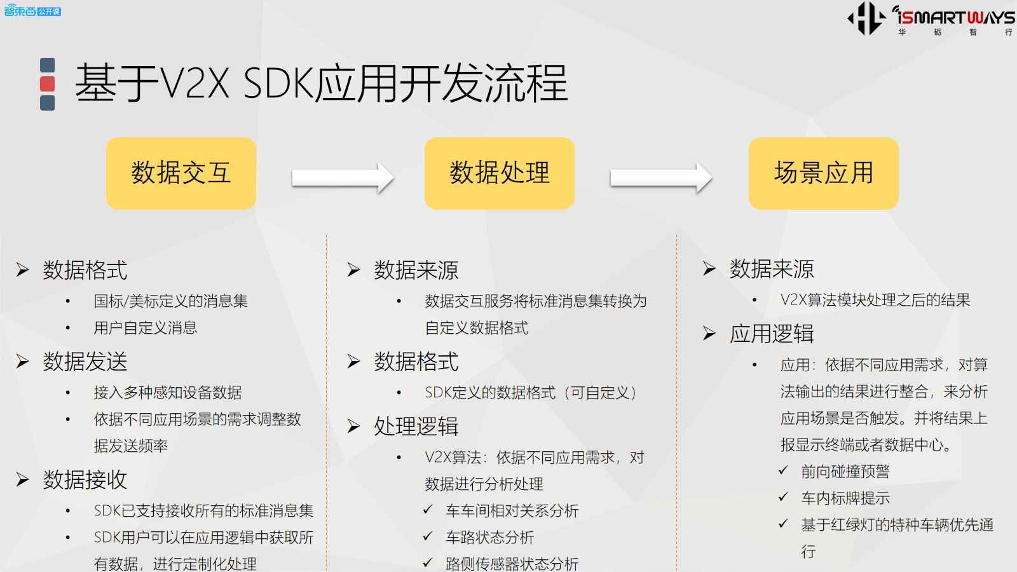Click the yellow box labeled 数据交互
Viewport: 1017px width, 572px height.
(x=181, y=174)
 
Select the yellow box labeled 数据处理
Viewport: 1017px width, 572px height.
(x=499, y=174)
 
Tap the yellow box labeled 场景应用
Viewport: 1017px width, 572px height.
(x=823, y=174)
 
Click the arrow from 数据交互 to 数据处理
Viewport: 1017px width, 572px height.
(x=343, y=178)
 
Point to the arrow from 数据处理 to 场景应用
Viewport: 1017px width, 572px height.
(x=661, y=178)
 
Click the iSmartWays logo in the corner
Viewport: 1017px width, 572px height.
(x=931, y=19)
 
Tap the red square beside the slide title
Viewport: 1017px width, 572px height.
(x=47, y=84)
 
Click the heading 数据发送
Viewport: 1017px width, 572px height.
(x=85, y=362)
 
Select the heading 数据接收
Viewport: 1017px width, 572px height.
(x=85, y=480)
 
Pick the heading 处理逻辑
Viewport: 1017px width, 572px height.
(x=416, y=426)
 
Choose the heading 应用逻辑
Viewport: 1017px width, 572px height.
(x=772, y=334)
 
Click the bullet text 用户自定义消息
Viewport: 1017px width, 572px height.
(x=146, y=328)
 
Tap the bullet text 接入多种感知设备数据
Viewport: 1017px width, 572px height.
(x=168, y=393)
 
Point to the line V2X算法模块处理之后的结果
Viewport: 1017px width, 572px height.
(x=875, y=300)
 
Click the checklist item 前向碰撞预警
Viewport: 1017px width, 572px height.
(x=845, y=472)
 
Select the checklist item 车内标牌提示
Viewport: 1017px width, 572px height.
(x=845, y=498)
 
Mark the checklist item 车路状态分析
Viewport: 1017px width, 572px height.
(x=489, y=538)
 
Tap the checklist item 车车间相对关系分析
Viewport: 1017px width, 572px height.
(x=512, y=511)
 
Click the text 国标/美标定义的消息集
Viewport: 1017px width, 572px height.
(x=171, y=301)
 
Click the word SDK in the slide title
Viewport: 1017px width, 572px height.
(x=278, y=84)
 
